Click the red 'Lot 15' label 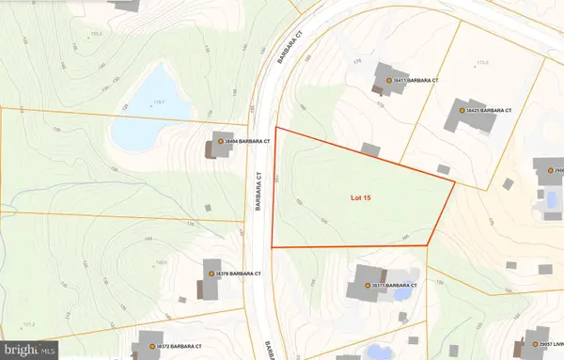click(x=362, y=197)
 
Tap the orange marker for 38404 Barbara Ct click(x=220, y=142)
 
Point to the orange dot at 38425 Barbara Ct click(x=462, y=110)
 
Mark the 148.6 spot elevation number click(x=161, y=262)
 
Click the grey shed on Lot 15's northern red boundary click(x=371, y=149)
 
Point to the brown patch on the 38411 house click(x=379, y=88)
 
